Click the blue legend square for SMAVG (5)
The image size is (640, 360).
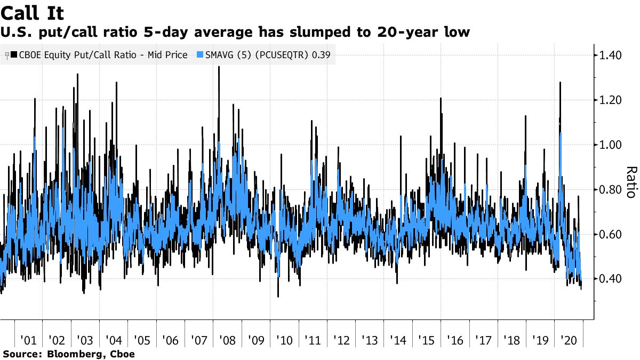pos(201,55)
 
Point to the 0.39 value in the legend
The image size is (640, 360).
pos(321,55)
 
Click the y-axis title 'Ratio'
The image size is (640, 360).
pos(630,181)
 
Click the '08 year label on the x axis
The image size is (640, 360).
pos(227,340)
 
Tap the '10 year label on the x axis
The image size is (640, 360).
pos(284,340)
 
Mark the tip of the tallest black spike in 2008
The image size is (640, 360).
pos(219,67)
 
